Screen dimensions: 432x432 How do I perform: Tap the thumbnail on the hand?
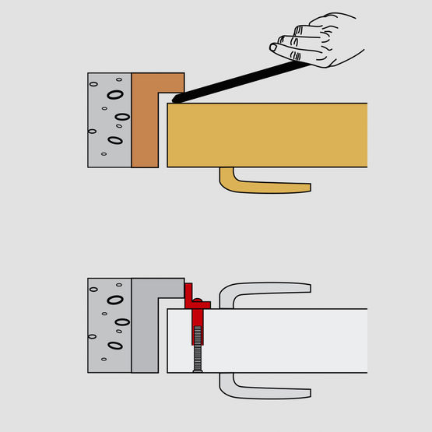pos(273,48)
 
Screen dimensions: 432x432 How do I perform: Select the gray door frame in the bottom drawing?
pos(146,331)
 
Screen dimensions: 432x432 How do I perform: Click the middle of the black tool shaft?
pos(241,81)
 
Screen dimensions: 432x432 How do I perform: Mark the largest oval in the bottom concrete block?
pos(115,299)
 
